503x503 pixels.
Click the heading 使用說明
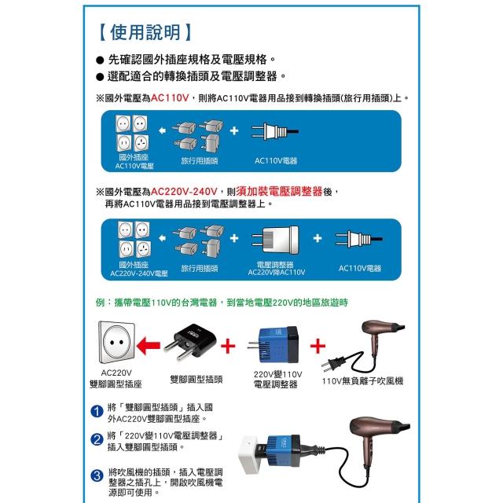pyautogui.click(x=145, y=32)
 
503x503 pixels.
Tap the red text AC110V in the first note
pyautogui.click(x=170, y=97)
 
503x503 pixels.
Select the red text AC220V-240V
pyautogui.click(x=184, y=192)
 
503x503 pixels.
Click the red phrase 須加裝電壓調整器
pyautogui.click(x=280, y=192)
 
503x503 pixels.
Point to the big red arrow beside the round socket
pyautogui.click(x=149, y=346)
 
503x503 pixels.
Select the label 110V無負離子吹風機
pyautogui.click(x=362, y=381)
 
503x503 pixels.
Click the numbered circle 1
pyautogui.click(x=97, y=411)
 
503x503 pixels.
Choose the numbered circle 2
pyautogui.click(x=97, y=439)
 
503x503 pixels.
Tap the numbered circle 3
pyautogui.click(x=97, y=475)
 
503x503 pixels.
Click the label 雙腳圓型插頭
pyautogui.click(x=196, y=380)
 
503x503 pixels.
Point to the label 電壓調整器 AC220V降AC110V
pyautogui.click(x=276, y=269)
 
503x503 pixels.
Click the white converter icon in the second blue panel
pyautogui.click(x=275, y=239)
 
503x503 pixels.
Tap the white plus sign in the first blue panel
pyautogui.click(x=234, y=130)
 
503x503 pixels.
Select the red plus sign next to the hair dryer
pyautogui.click(x=318, y=346)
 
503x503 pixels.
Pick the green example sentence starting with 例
pyautogui.click(x=222, y=303)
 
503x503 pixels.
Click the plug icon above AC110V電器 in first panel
pyautogui.click(x=275, y=131)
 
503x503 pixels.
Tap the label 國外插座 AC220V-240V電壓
pyautogui.click(x=138, y=269)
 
